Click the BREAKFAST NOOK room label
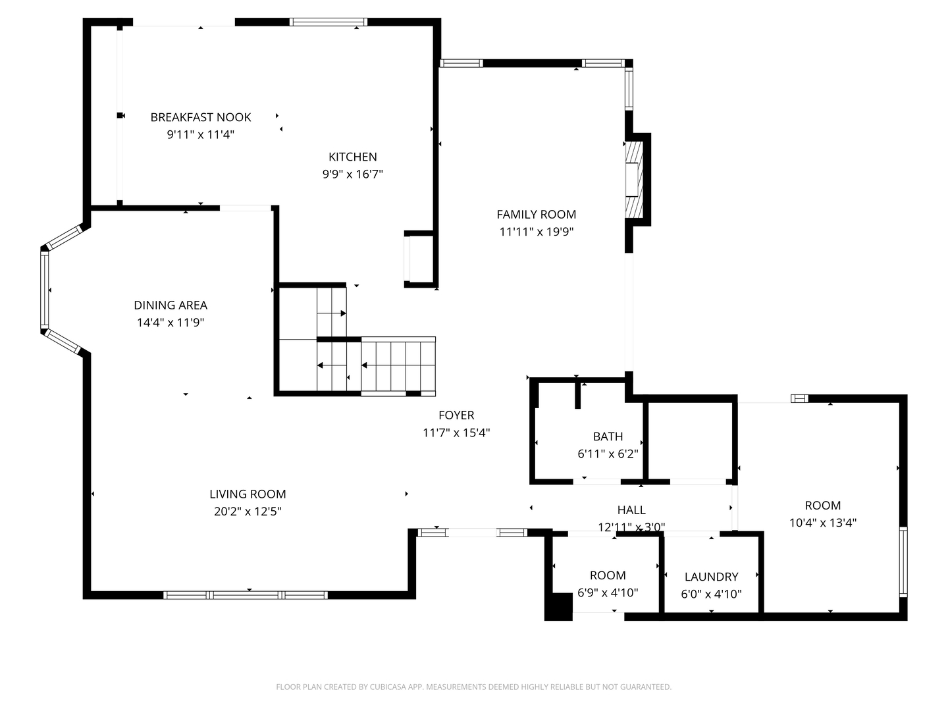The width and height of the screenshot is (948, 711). click(x=200, y=117)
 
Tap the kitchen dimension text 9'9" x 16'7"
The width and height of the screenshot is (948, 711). click(x=352, y=174)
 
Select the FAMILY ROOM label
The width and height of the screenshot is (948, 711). click(x=536, y=214)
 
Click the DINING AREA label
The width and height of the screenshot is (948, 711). click(x=171, y=305)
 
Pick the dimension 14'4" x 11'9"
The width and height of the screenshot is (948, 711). click(x=171, y=323)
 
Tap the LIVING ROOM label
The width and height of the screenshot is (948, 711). click(x=248, y=494)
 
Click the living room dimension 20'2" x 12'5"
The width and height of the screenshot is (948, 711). click(x=248, y=511)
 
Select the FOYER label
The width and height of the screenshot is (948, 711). click(x=456, y=415)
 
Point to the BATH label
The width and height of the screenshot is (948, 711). click(x=608, y=436)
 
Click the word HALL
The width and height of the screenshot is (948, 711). click(x=631, y=510)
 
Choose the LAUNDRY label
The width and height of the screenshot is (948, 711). click(x=711, y=577)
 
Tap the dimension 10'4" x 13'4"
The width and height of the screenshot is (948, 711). click(x=823, y=523)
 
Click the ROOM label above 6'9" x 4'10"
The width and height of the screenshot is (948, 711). click(x=608, y=575)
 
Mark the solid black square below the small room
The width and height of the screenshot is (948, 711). click(x=558, y=606)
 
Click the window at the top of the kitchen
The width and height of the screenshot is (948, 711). click(x=329, y=22)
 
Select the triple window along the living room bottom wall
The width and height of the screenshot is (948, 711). click(x=246, y=595)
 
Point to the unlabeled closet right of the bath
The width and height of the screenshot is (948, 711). click(x=690, y=441)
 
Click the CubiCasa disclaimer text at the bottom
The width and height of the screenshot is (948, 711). click(x=474, y=687)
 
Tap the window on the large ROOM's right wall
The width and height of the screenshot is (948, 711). click(x=903, y=562)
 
